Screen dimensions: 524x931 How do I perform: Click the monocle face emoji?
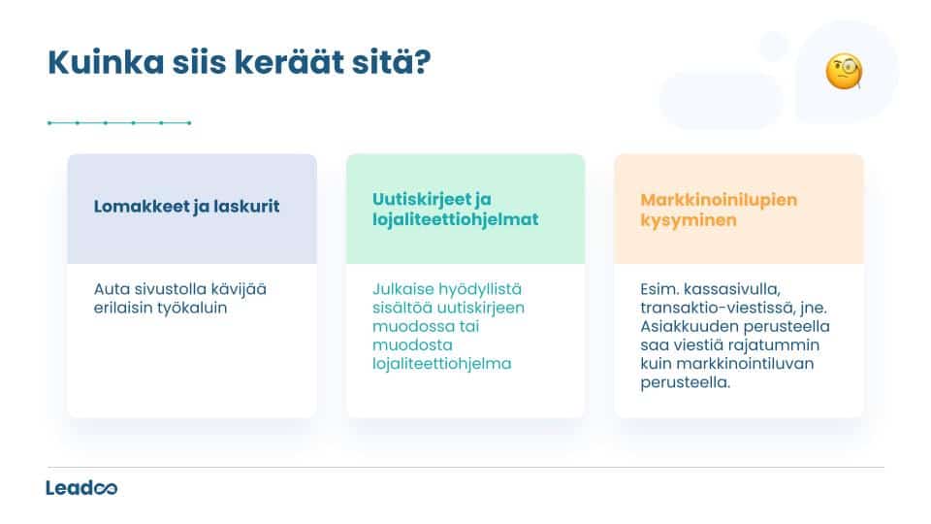tap(844, 72)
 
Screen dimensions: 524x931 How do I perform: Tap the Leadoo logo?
tap(81, 487)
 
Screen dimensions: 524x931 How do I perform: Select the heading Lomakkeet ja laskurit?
tap(186, 207)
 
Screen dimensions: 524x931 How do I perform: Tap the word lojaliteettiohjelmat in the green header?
tap(455, 220)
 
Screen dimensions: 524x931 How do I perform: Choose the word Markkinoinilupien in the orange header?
tap(719, 199)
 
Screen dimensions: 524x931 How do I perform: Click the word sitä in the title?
tap(382, 65)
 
